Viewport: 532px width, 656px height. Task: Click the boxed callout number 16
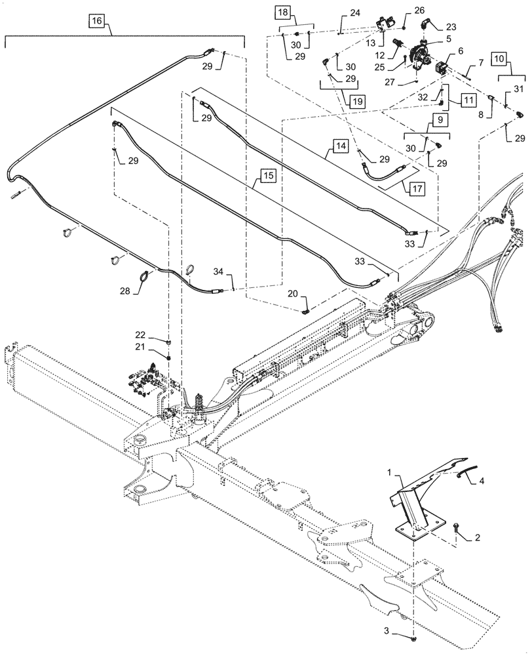[97, 22]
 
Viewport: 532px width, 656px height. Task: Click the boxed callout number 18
[281, 13]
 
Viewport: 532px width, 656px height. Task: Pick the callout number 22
[150, 335]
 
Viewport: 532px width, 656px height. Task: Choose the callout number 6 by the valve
[442, 50]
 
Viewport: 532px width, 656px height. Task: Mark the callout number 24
[354, 12]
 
